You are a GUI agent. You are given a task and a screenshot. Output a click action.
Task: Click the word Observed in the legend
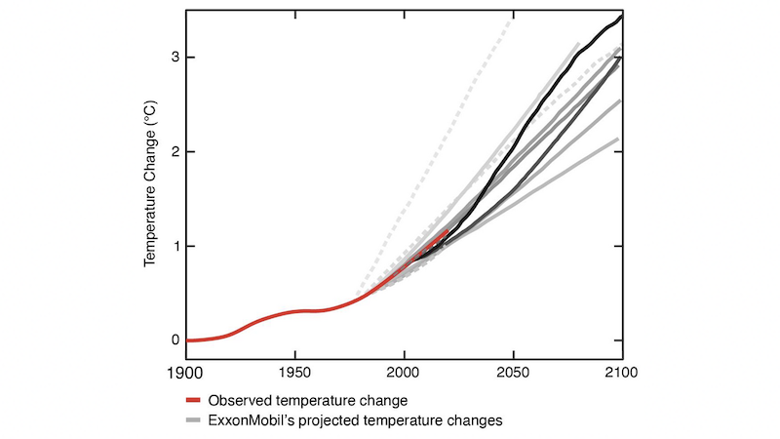point(239,401)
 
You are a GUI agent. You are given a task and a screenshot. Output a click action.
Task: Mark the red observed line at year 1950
point(294,311)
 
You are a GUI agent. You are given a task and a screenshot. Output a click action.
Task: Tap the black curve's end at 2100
point(621,17)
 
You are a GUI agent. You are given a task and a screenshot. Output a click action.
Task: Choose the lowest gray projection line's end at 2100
point(618,139)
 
